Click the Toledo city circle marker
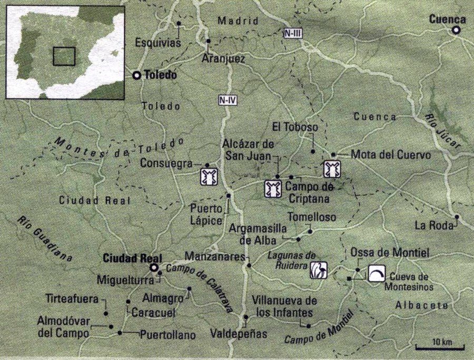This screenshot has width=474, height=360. (137, 76)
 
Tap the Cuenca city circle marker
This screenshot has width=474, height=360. (456, 31)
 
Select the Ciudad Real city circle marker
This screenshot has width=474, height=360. (154, 268)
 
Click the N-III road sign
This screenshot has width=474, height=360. (292, 33)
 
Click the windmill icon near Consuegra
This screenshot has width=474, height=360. (208, 176)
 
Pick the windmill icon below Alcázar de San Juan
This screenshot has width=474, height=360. (272, 188)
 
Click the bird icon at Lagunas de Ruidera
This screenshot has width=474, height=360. (320, 270)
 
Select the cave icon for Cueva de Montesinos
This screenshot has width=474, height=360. (376, 273)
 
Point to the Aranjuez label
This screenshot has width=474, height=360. (223, 59)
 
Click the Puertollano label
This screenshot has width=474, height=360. (168, 335)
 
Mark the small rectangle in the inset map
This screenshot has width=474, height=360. (64, 56)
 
